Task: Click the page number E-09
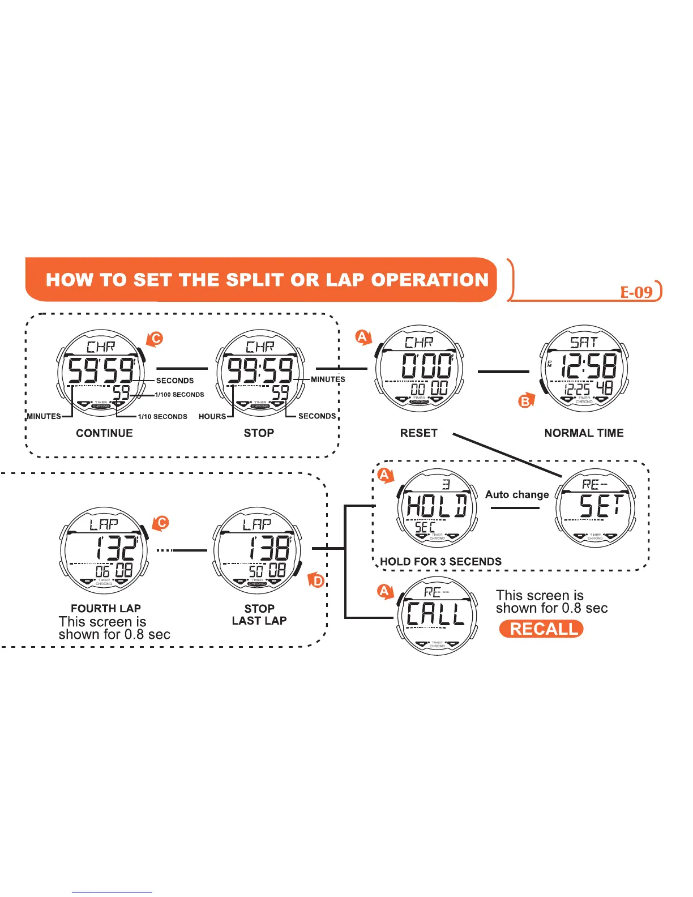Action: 636,292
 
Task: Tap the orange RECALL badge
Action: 541,629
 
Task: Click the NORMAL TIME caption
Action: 584,433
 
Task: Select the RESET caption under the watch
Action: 418,433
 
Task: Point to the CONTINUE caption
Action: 104,433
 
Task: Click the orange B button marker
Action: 526,401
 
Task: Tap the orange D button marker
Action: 318,580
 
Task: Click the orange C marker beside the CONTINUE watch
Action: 155,339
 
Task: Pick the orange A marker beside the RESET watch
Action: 362,338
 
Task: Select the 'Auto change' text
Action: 517,494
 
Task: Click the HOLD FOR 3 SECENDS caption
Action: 440,562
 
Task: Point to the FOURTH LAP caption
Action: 106,609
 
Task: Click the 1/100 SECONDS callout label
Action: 179,395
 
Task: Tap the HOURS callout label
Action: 212,416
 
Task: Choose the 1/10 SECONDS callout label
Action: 162,416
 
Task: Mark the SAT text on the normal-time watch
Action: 583,342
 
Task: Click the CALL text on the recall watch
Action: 435,613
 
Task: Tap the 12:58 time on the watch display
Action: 588,367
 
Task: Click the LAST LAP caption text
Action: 259,621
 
